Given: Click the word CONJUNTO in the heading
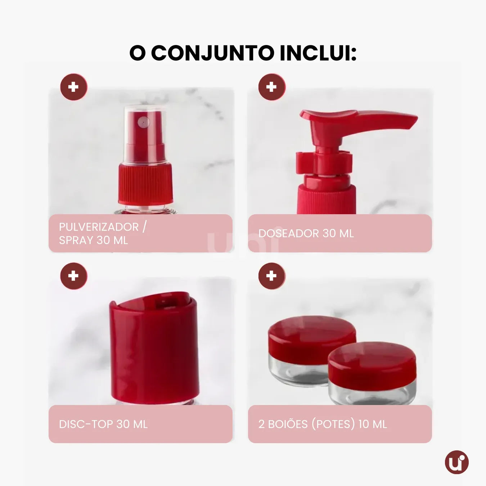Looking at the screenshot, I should [x=212, y=53].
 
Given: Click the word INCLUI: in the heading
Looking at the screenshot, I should [x=318, y=53].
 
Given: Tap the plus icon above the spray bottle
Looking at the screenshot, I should [x=73, y=87].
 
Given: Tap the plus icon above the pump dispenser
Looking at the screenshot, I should [x=271, y=87].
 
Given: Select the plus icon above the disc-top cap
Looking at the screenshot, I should [x=73, y=276].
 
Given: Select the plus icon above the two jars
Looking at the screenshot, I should [x=271, y=276].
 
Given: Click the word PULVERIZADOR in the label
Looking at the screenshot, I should [x=99, y=227].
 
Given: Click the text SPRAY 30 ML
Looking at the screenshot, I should [x=93, y=240].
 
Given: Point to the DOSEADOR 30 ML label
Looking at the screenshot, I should [x=306, y=233].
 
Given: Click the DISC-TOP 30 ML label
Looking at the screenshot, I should [x=103, y=424].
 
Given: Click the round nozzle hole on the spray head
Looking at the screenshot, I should [x=144, y=122].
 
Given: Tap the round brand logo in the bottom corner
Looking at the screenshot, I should [x=456, y=462].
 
